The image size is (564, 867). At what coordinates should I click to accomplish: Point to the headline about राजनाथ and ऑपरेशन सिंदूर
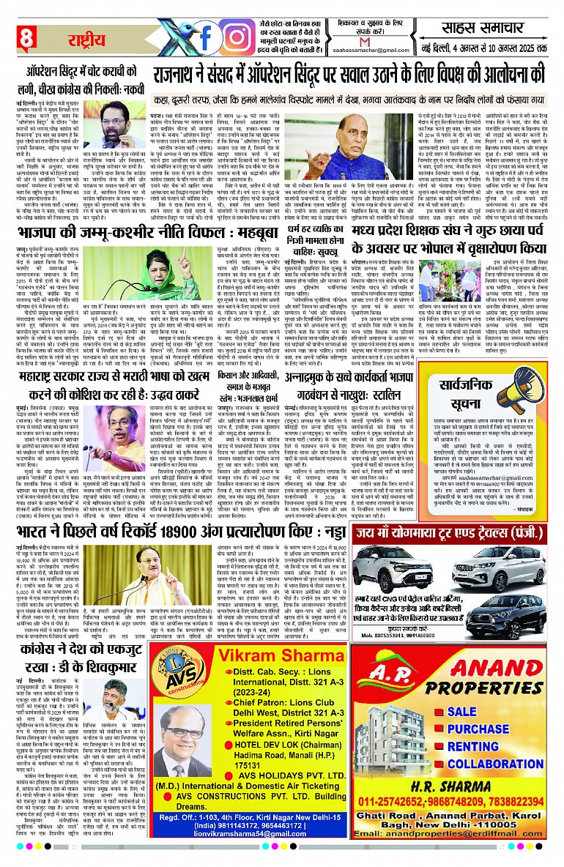click(349, 75)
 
